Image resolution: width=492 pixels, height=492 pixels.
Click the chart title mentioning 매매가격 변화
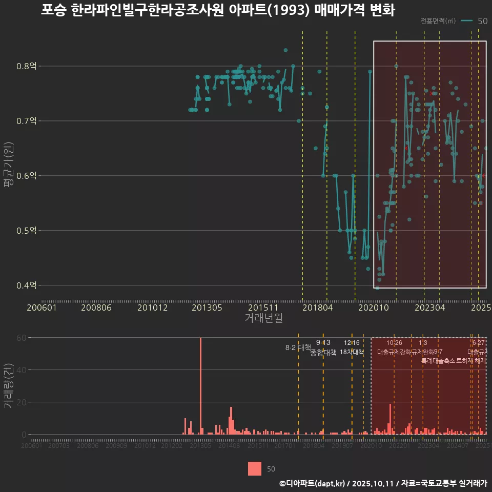pos(218,11)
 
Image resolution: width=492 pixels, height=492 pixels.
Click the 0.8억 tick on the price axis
pos(27,66)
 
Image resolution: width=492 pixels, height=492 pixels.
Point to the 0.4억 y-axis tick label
pos(27,285)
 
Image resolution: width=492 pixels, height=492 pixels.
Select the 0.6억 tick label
pos(27,176)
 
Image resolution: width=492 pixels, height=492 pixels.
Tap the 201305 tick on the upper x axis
pos(207,307)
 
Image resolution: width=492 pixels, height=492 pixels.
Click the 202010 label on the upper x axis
pos(374,307)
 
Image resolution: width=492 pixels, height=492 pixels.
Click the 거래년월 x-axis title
pos(263,318)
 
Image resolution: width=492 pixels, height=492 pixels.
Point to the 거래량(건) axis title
pos(8,385)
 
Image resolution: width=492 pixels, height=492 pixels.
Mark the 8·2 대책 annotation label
pos(298,347)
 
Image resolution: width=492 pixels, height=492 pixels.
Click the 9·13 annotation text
pos(323,342)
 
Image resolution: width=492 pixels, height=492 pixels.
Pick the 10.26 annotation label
pos(394,342)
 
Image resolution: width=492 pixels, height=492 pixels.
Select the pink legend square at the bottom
pos(255,468)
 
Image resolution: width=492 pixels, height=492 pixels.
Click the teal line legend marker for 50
pos(466,21)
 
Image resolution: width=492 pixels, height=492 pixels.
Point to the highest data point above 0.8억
pos(285,50)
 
